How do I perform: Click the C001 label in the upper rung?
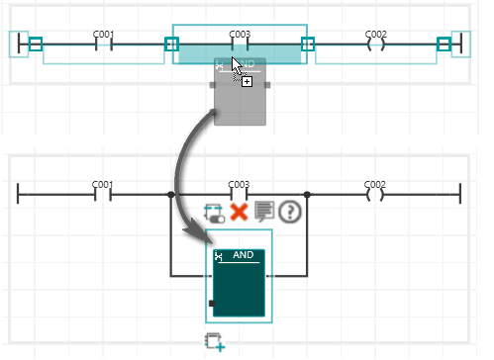point(103,35)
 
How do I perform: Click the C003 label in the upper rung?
point(240,35)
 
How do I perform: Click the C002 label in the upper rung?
point(376,35)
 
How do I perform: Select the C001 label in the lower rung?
point(102,184)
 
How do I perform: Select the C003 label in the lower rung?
point(239,184)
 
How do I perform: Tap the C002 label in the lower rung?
point(375,184)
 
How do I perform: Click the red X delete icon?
point(239,212)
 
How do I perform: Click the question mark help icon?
point(290,212)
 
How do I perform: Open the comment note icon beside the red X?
point(264,211)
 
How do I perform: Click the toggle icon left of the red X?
point(215,214)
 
